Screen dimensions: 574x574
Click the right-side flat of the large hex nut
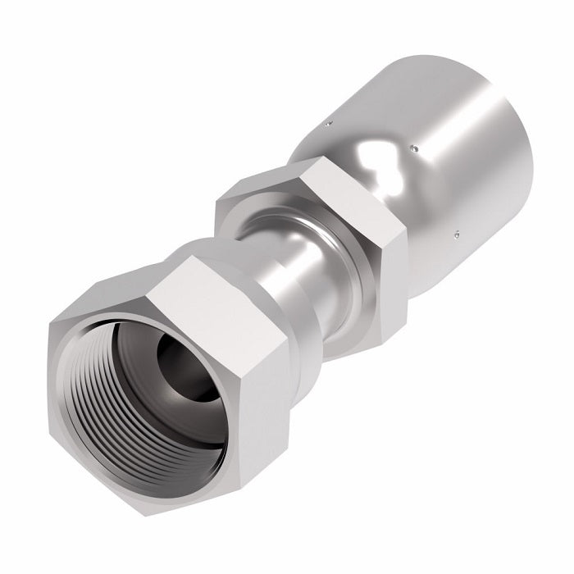[x=261, y=385]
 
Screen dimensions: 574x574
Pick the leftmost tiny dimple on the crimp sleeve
[x=327, y=123]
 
